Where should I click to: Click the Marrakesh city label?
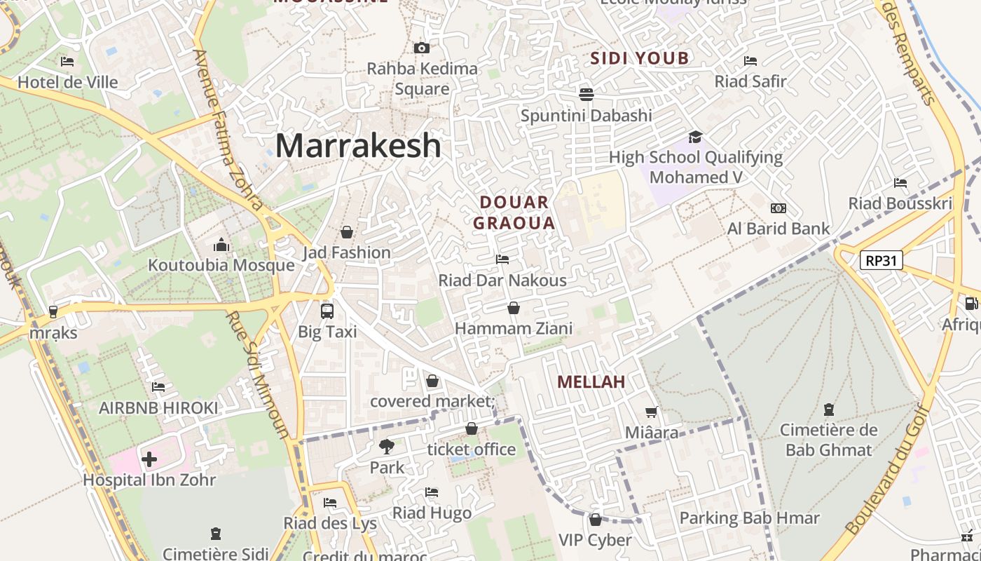coord(358,146)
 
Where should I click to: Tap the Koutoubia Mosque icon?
coord(221,245)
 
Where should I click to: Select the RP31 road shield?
coord(881,261)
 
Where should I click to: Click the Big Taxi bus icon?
coord(327,311)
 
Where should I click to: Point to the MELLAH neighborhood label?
coord(591,382)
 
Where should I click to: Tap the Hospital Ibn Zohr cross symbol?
coord(149,459)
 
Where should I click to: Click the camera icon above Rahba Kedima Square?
coord(421,48)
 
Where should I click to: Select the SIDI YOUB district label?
coord(640,58)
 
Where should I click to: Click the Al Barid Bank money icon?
coord(778,208)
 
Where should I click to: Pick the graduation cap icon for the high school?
coord(694,137)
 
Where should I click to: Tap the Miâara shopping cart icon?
coord(652,412)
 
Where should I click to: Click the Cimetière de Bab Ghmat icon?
coord(829,409)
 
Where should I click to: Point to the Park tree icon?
coord(386,446)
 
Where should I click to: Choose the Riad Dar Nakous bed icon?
coord(502,259)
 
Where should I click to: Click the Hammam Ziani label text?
coord(514,328)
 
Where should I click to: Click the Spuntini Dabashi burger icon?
coord(586,93)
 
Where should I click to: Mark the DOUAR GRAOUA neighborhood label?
coord(514,213)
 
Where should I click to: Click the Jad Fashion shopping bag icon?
coord(346,231)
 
